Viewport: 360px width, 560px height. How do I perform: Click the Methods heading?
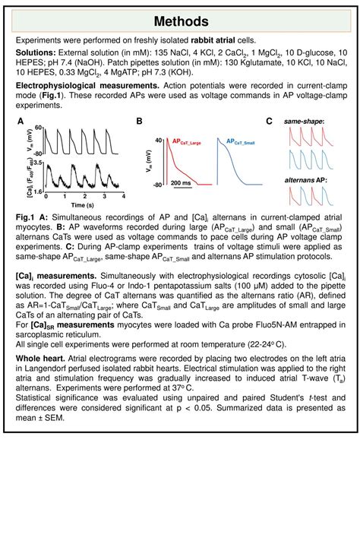point(180,21)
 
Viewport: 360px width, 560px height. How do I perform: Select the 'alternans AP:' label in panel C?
point(305,180)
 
